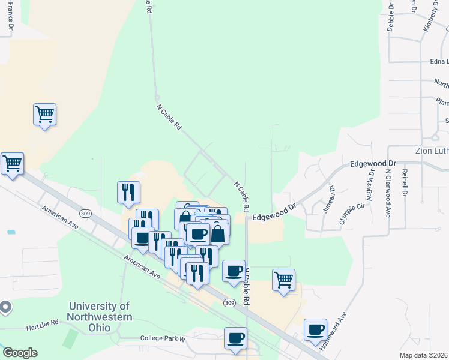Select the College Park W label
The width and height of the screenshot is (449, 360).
[164, 338]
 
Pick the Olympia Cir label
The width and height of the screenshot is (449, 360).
[344, 213]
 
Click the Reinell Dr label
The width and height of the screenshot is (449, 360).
[405, 183]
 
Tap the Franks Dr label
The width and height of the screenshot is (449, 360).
[10, 16]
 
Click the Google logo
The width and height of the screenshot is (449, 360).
[20, 352]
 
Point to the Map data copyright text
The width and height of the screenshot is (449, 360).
[424, 355]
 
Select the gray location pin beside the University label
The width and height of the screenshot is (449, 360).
[5, 308]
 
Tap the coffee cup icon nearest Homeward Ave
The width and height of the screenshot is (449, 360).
[316, 330]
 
